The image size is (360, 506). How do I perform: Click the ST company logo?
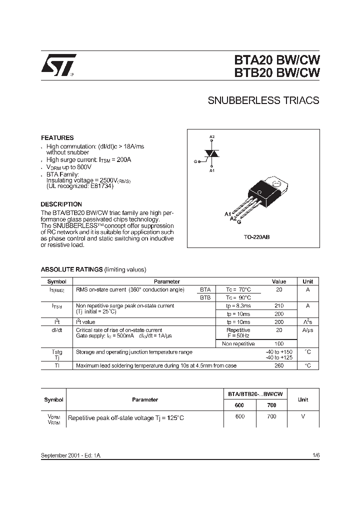pyautogui.click(x=58, y=65)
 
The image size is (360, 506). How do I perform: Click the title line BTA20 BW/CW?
pyautogui.click(x=276, y=59)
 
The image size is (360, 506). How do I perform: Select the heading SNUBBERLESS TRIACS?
pyautogui.click(x=263, y=100)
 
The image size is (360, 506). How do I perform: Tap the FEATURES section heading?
pyautogui.click(x=57, y=137)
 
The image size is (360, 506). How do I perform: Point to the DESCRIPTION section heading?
pyautogui.click(x=61, y=204)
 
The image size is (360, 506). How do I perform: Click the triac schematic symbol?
pyautogui.click(x=212, y=155)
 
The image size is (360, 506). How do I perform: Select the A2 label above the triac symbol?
pyautogui.click(x=212, y=137)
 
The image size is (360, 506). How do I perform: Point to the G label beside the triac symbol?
pyautogui.click(x=195, y=161)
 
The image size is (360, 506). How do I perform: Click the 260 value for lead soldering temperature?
pyautogui.click(x=279, y=365)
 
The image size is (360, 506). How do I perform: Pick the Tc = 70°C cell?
pyautogui.click(x=238, y=289)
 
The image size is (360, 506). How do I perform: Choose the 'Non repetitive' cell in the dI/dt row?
pyautogui.click(x=238, y=344)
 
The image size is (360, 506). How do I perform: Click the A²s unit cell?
pyautogui.click(x=307, y=322)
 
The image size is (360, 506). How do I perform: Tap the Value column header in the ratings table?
pyautogui.click(x=279, y=281)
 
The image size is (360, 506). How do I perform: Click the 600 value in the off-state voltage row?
pyautogui.click(x=240, y=416)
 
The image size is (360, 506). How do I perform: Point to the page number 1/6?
pyautogui.click(x=315, y=456)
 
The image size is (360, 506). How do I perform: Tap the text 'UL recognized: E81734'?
pyautogui.click(x=80, y=186)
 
